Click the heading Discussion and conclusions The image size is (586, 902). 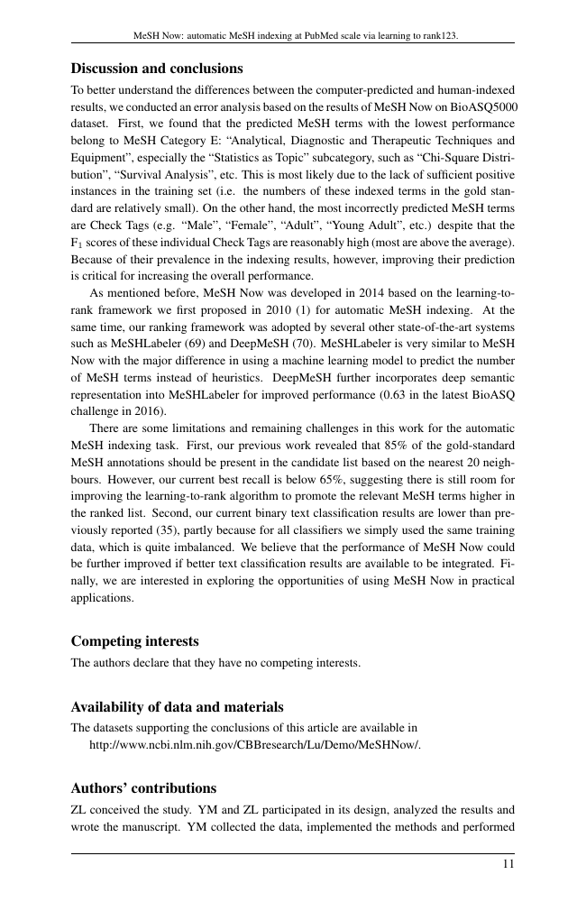tap(157, 69)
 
